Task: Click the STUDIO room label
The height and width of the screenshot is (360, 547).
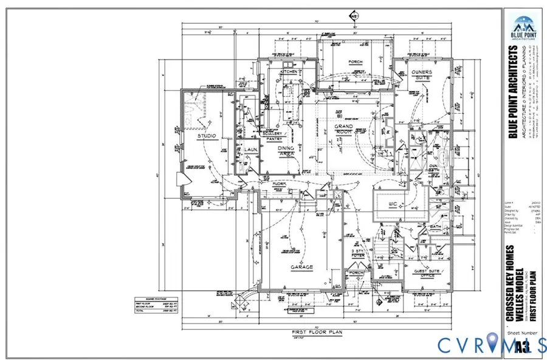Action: (207, 136)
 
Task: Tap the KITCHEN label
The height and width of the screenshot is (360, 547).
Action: (289, 72)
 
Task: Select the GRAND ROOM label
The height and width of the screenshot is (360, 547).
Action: (343, 130)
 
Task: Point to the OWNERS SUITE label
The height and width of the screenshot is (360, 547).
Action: (422, 75)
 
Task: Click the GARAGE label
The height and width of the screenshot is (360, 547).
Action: (301, 267)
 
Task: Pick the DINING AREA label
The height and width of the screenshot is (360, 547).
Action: (286, 151)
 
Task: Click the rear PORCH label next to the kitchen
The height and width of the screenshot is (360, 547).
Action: (355, 62)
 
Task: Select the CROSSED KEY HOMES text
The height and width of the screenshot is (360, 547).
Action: (510, 283)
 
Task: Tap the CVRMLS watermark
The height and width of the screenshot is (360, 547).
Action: (492, 345)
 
